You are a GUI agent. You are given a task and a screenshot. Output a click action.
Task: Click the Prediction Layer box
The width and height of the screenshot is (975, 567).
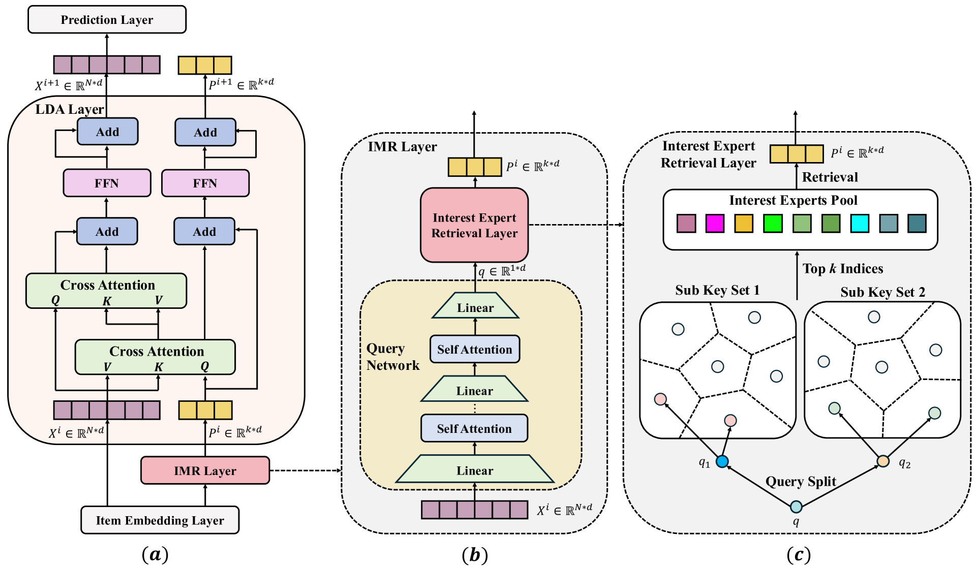107,19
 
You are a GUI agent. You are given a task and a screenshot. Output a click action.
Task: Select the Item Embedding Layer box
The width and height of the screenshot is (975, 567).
160,520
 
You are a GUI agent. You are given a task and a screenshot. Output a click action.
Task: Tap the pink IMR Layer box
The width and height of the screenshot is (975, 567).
205,470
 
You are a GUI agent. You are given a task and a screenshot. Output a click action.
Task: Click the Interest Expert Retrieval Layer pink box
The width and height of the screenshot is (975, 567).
474,225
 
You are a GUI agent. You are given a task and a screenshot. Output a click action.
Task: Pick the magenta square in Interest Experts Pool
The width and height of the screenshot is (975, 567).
715,224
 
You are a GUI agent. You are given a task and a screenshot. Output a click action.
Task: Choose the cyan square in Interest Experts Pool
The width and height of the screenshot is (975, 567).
860,224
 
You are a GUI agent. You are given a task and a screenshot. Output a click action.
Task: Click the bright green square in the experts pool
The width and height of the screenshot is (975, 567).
773,224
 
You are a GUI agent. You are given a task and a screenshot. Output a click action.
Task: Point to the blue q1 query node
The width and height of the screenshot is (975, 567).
722,461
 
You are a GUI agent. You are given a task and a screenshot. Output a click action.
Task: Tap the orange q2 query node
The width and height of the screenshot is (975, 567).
883,461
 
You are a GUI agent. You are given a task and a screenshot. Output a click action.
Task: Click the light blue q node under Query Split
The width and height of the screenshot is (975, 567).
796,507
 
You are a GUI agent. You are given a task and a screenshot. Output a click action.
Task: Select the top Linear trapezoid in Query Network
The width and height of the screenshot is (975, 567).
475,305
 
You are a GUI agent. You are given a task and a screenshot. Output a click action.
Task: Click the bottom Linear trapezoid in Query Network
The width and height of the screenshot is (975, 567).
475,468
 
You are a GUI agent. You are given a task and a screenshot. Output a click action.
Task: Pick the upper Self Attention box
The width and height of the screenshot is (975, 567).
475,349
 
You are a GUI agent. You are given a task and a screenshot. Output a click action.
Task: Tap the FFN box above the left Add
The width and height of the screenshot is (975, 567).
107,183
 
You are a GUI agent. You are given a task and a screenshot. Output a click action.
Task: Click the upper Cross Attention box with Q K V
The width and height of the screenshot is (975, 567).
106,291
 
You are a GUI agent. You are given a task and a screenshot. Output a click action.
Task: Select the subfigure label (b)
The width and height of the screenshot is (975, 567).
475,555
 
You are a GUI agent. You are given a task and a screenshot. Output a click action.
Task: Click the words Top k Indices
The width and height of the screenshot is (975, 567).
843,269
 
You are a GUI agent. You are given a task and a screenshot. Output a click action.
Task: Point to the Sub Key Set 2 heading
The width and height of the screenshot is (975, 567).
882,292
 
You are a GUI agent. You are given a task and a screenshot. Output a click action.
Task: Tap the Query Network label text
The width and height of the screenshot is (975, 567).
393,357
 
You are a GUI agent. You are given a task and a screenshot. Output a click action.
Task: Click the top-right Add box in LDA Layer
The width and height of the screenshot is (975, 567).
205,132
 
